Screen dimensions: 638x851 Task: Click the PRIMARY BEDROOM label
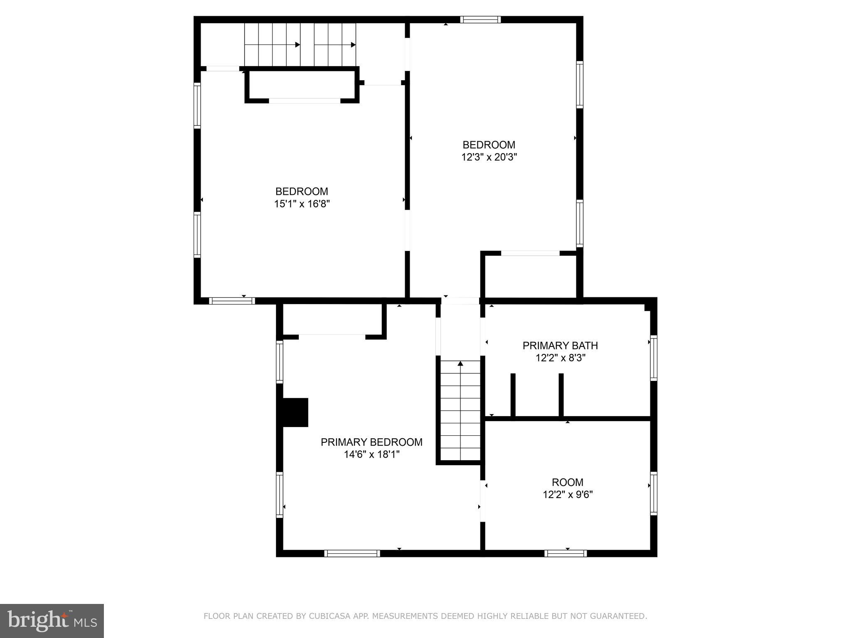point(371,442)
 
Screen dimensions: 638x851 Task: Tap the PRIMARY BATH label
point(560,345)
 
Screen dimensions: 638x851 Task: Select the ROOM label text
point(567,482)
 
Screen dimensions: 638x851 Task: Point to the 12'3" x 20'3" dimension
point(489,157)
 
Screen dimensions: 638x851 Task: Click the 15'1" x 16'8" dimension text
point(302,204)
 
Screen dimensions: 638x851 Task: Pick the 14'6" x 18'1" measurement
point(371,454)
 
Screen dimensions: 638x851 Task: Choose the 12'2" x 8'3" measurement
point(560,358)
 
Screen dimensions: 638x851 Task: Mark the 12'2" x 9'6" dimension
point(567,495)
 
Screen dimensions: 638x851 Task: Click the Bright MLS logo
point(52,621)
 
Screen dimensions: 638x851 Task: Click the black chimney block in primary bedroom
point(295,412)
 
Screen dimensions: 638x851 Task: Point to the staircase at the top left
point(300,44)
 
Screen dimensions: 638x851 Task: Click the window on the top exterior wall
point(480,20)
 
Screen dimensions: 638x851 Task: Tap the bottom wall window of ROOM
point(566,553)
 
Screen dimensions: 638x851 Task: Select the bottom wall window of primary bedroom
point(352,553)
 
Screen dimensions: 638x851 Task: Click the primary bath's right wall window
point(654,358)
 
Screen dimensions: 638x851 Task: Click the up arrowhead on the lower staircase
point(460,364)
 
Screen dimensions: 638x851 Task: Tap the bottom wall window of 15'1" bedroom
point(231,301)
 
